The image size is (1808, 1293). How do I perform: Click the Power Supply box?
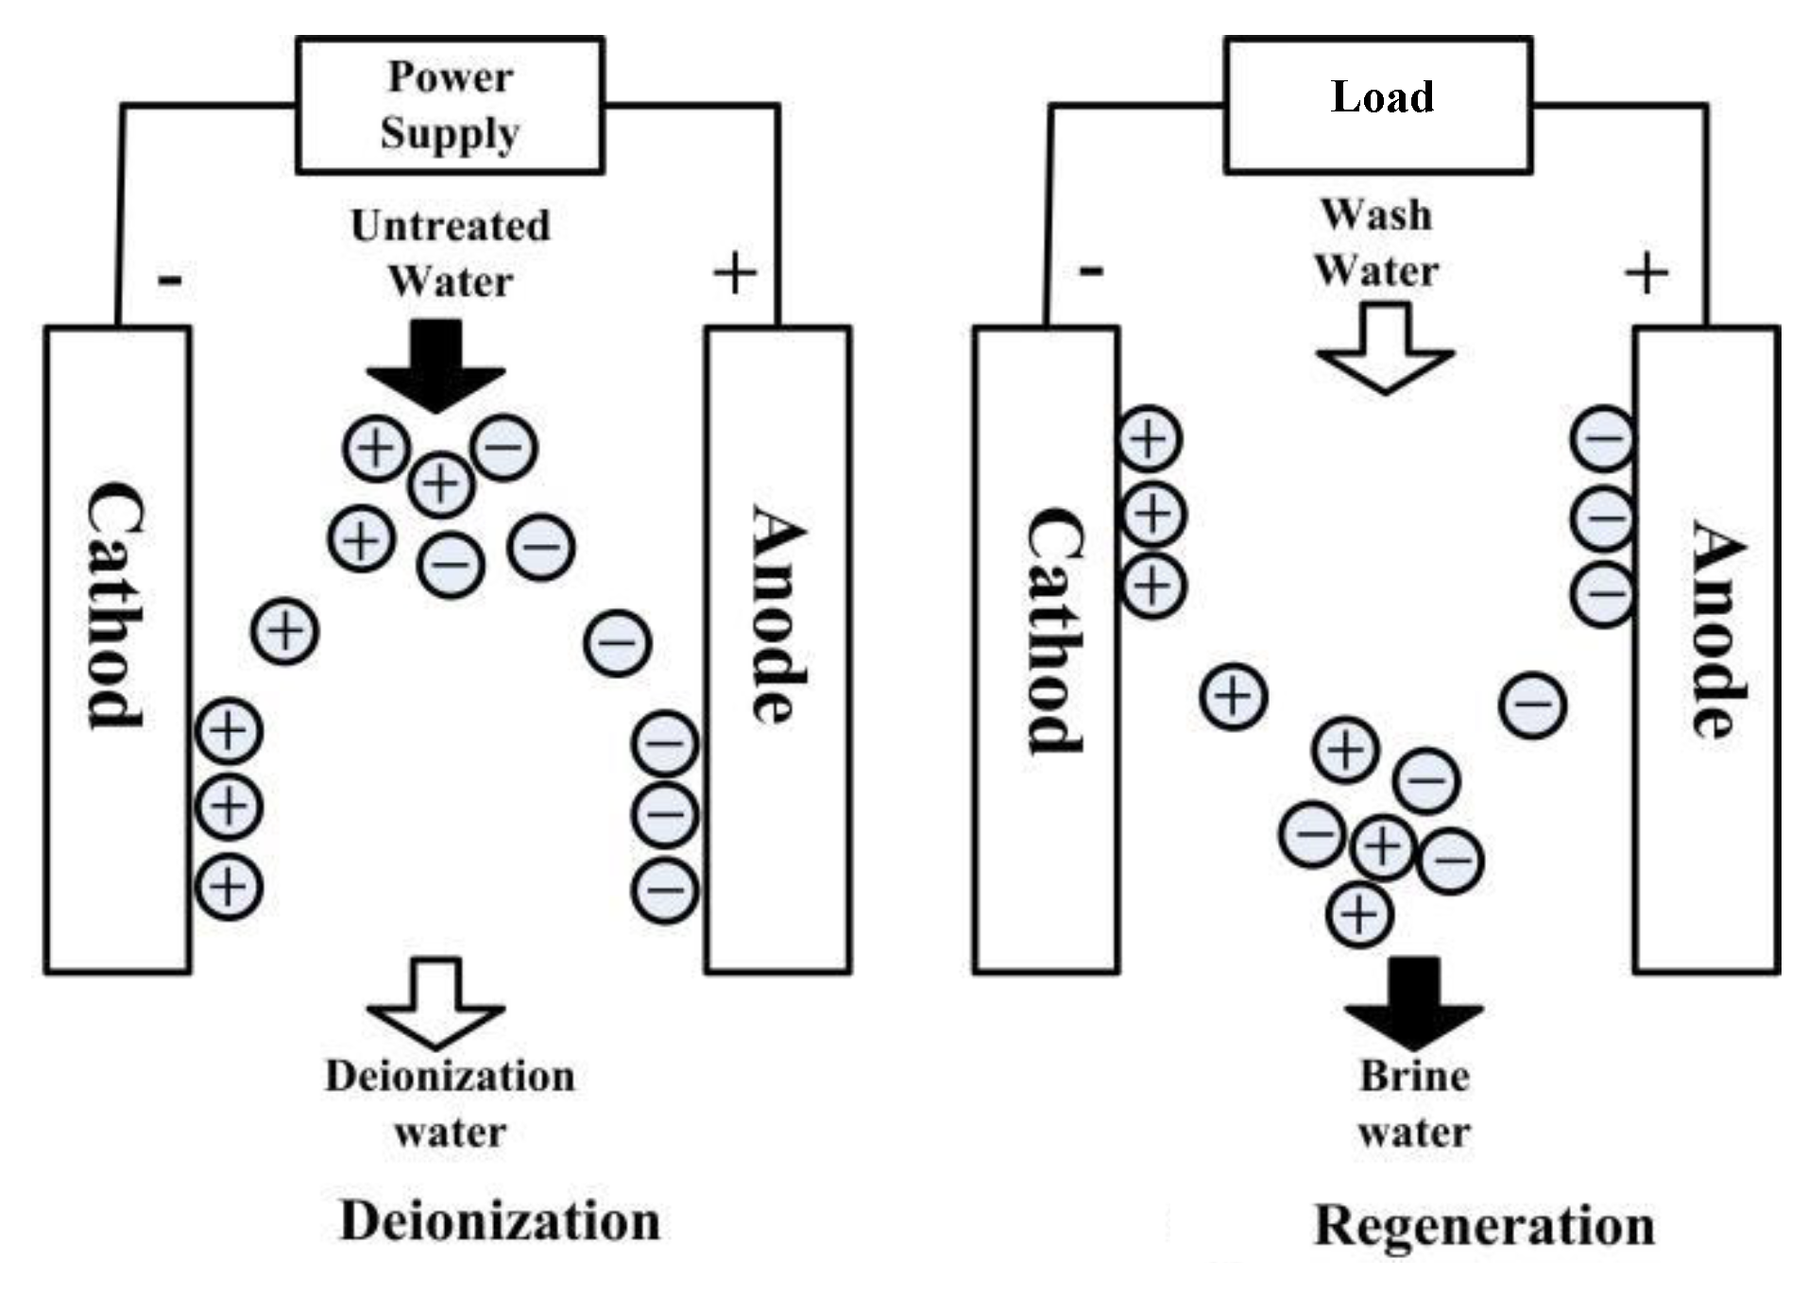click(450, 105)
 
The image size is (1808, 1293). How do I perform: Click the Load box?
click(1378, 105)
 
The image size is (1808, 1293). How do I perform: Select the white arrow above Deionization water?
click(435, 1002)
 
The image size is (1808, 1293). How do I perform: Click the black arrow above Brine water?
click(1414, 1002)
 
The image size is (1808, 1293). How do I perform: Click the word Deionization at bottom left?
click(500, 1221)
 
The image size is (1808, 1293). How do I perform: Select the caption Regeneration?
click(1484, 1226)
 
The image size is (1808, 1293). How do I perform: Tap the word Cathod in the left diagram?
click(116, 604)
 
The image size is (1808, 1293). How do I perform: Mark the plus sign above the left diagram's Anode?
click(735, 275)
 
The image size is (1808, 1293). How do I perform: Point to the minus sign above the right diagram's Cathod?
click(1090, 272)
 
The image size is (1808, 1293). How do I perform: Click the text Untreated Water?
click(450, 253)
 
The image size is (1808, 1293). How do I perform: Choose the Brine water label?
click(1414, 1103)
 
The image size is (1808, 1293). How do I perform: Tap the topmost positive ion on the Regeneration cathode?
click(1150, 440)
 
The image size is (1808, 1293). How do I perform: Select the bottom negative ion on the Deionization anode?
click(665, 889)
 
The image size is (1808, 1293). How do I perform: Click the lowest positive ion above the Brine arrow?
click(1359, 913)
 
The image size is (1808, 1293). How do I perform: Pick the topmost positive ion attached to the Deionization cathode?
click(228, 730)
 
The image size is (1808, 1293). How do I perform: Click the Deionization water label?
click(450, 1103)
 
